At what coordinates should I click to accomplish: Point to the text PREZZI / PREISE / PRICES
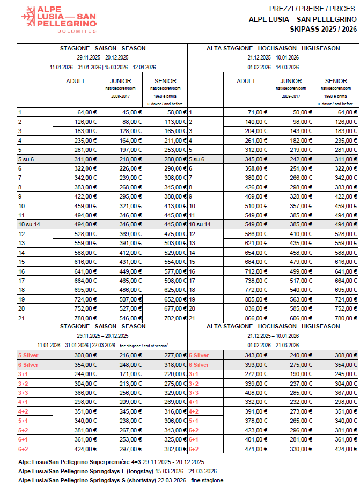tap(312, 9)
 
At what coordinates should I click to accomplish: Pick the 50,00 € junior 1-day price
tap(300, 112)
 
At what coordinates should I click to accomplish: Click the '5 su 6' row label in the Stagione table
tap(27, 159)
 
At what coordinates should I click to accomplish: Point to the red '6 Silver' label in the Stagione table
tap(30, 364)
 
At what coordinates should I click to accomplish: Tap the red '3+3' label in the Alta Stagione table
tap(194, 392)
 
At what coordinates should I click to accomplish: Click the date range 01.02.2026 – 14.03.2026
tap(273, 67)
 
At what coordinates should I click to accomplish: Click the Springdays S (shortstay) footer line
tap(120, 480)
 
